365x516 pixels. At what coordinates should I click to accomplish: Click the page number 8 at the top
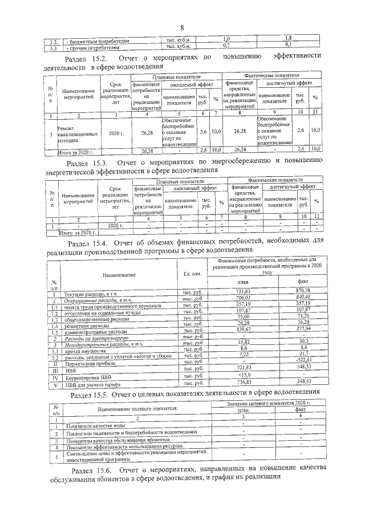(181, 28)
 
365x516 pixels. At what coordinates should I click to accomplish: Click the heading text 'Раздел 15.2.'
(86, 59)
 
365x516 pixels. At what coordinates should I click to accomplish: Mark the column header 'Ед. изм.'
(190, 274)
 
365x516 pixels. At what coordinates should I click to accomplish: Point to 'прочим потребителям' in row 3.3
(92, 44)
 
